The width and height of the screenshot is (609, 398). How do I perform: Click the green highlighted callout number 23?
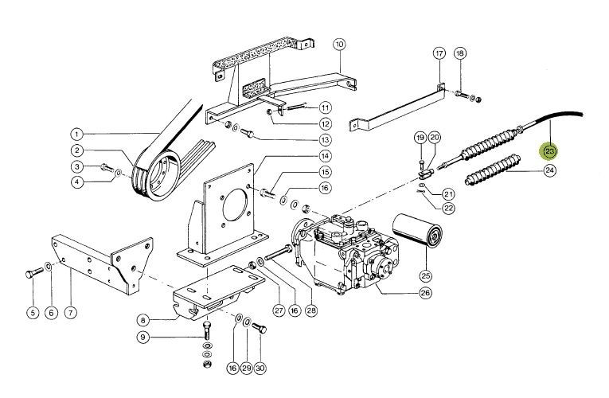tap(549, 151)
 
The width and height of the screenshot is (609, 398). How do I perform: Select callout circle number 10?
tap(339, 45)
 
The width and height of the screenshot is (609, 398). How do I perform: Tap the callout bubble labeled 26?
tap(425, 292)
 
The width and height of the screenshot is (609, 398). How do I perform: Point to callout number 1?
tap(77, 135)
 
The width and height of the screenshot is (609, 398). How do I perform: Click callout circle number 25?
tap(425, 276)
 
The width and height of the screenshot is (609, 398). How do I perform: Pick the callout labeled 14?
tap(325, 156)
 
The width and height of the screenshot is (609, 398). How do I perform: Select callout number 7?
tap(70, 312)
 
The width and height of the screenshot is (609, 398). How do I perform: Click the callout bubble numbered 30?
tap(260, 368)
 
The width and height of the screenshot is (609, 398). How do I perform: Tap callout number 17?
tap(439, 53)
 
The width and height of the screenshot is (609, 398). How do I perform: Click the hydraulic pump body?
tap(345, 252)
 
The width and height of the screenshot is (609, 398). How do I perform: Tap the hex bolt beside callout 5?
tap(34, 272)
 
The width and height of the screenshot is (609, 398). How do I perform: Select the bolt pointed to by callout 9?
tap(208, 330)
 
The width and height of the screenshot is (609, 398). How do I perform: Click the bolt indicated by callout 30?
tap(260, 328)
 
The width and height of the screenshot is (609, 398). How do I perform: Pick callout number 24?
tap(549, 170)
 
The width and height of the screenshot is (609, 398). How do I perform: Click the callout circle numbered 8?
tap(143, 320)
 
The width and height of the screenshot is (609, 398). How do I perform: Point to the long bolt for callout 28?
tap(279, 252)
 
